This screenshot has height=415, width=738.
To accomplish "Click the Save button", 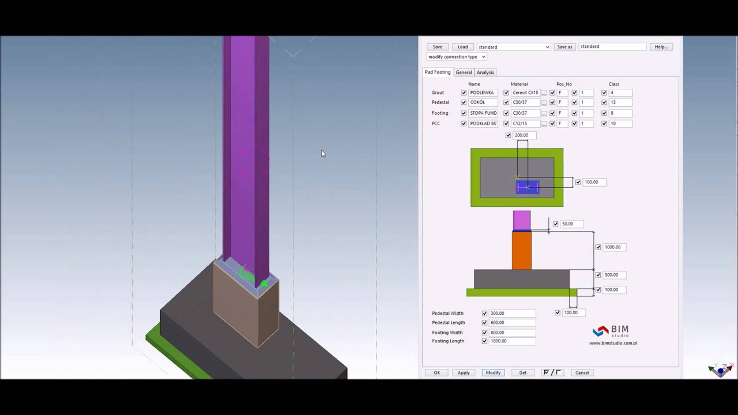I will tap(438, 47).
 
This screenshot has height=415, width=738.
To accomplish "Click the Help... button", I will tap(661, 47).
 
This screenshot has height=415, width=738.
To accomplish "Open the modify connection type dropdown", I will tap(457, 57).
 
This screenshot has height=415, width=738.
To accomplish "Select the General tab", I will tap(464, 73).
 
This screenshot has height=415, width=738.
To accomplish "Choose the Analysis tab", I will tap(485, 73).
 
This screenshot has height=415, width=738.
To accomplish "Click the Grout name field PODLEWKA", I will tap(483, 93).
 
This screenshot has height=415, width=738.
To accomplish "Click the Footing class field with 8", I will tap(620, 114).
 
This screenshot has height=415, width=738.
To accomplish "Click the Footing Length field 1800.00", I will tap(512, 341).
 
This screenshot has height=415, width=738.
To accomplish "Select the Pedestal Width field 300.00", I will tap(512, 314).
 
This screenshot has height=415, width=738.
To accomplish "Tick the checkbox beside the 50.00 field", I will tap(556, 224).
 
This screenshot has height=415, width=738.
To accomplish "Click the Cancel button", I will tap(582, 373).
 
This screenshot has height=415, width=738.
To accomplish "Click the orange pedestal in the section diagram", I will tap(522, 251).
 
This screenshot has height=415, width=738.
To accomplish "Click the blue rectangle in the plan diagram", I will tap(528, 187).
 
